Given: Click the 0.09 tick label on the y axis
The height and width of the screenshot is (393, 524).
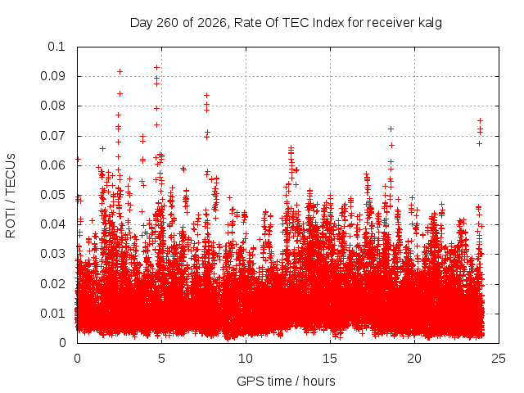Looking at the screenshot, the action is (x=52, y=76).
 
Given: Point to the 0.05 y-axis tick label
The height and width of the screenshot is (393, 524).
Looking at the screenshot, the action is (x=52, y=195).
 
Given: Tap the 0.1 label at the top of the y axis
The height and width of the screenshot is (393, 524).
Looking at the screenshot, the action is (x=56, y=47).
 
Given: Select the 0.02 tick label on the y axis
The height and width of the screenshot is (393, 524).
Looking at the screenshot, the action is (x=52, y=284).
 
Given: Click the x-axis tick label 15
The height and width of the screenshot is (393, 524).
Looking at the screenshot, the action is (x=330, y=359).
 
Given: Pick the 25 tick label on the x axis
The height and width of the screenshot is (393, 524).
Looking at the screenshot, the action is (x=499, y=359).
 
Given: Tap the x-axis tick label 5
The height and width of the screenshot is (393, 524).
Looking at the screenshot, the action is (x=162, y=359).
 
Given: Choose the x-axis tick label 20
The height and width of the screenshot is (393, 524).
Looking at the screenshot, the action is (x=414, y=359).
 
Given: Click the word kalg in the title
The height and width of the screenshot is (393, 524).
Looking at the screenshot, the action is (x=430, y=23).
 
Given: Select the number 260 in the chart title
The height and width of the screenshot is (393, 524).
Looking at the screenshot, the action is (x=168, y=23).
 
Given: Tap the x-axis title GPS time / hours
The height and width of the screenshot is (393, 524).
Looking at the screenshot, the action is (x=286, y=381).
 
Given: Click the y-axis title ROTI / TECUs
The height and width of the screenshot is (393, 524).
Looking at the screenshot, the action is (x=11, y=196).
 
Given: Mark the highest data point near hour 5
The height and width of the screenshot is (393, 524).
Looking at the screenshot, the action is (x=156, y=67).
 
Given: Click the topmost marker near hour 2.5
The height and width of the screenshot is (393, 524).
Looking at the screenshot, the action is (x=120, y=71).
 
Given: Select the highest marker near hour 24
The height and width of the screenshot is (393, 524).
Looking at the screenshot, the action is (x=481, y=120).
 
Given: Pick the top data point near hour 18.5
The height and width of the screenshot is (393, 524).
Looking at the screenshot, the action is (x=391, y=129).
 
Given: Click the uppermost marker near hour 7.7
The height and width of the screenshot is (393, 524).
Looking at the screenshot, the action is (x=207, y=96).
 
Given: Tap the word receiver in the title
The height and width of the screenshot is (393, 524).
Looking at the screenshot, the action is (x=391, y=23).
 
